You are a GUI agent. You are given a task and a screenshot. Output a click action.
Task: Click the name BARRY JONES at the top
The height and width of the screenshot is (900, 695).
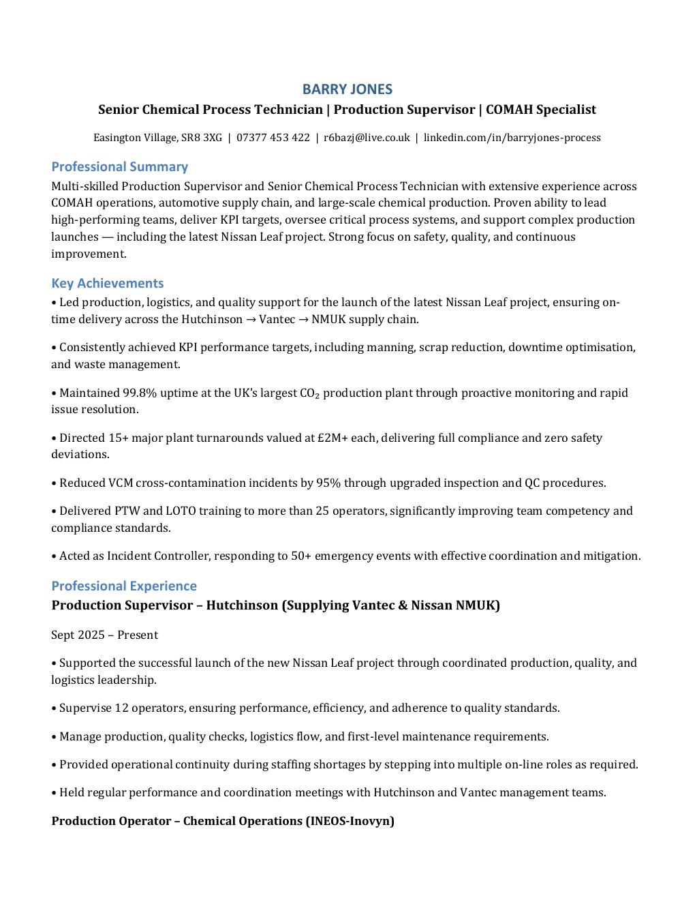point(347,89)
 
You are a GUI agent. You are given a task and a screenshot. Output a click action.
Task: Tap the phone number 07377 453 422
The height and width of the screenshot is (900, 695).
point(273,138)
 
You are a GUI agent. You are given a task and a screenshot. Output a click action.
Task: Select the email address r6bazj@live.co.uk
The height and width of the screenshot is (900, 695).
point(367,138)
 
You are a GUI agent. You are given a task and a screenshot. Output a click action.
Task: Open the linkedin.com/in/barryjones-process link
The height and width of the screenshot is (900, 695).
point(512,138)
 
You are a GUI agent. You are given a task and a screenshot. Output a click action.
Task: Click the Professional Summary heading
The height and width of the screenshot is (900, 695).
point(119,167)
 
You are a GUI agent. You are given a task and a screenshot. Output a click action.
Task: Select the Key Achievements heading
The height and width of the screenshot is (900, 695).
point(107,283)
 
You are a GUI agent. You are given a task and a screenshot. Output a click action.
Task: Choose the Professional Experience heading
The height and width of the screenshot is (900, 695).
point(123,586)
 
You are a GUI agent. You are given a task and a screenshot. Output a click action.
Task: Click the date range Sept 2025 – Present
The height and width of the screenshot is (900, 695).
point(104,635)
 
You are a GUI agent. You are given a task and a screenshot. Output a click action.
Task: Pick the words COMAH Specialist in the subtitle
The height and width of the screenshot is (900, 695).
point(541,110)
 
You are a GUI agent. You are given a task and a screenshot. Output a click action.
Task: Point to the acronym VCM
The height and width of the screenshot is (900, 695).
point(120,483)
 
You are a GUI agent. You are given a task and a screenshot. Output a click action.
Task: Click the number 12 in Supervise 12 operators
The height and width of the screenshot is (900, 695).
point(121,708)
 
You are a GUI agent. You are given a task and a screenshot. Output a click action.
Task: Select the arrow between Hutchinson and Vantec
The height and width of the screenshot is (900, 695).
point(251,320)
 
